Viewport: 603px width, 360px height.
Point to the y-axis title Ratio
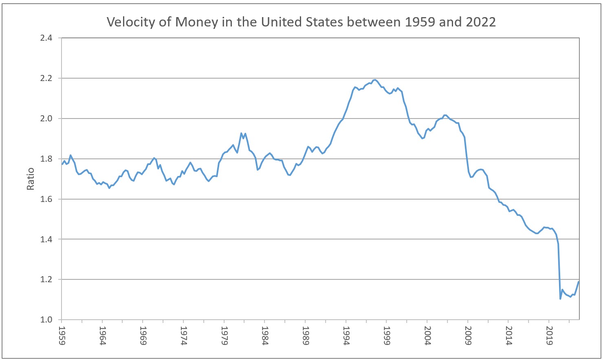pos(31,179)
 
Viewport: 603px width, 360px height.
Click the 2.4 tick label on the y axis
pos(46,38)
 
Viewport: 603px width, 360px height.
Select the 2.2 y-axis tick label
pos(46,78)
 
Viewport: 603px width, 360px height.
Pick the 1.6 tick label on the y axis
pos(46,199)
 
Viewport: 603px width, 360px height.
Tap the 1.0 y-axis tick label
pos(46,320)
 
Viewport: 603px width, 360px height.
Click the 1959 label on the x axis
pos(62,335)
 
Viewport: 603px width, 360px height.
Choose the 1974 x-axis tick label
pos(184,335)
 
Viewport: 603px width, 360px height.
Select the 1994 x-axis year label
pos(346,335)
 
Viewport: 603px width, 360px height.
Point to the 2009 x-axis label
pos(468,335)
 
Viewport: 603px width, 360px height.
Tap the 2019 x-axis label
pos(549,335)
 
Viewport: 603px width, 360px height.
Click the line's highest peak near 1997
pos(375,80)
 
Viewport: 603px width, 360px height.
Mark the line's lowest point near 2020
pos(560,299)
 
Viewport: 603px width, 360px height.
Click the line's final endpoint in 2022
pos(579,282)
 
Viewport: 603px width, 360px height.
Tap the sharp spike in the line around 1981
pos(241,133)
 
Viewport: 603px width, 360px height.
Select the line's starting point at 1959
pos(62,164)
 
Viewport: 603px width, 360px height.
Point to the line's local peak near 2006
pos(445,115)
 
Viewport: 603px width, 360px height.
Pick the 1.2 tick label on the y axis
pos(46,280)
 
